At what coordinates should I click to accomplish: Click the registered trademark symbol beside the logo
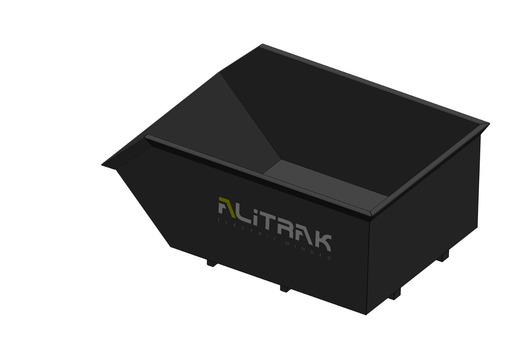(x=335, y=239)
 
